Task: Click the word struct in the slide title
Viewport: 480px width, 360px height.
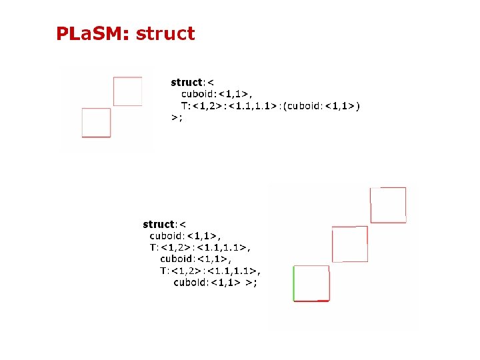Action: pyautogui.click(x=165, y=33)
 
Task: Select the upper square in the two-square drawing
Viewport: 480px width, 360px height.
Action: pyautogui.click(x=127, y=91)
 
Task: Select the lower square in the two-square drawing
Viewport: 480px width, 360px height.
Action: pyautogui.click(x=96, y=123)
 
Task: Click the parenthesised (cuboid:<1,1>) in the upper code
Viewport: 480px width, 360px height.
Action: pyautogui.click(x=321, y=105)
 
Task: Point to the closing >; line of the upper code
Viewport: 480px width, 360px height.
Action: pyautogui.click(x=177, y=117)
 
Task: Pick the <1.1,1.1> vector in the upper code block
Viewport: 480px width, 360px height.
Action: pyautogui.click(x=249, y=105)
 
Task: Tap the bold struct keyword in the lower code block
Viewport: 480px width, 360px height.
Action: pyautogui.click(x=158, y=225)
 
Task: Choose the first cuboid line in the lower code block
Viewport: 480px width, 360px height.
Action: pyautogui.click(x=185, y=235)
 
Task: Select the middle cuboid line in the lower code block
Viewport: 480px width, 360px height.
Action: pyautogui.click(x=195, y=259)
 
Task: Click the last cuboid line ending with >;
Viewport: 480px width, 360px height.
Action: pyautogui.click(x=215, y=282)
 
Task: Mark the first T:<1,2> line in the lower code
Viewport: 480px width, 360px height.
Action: pyautogui.click(x=200, y=247)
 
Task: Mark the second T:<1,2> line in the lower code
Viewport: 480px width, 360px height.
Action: pyautogui.click(x=210, y=271)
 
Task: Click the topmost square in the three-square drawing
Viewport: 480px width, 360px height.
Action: pyautogui.click(x=388, y=205)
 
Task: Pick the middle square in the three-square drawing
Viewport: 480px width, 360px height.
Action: pyautogui.click(x=349, y=244)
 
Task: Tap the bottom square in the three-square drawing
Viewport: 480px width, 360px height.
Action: pyautogui.click(x=311, y=283)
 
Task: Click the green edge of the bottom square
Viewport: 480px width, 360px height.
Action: pyautogui.click(x=294, y=283)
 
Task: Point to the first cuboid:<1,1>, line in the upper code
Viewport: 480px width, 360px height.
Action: pyautogui.click(x=217, y=94)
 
